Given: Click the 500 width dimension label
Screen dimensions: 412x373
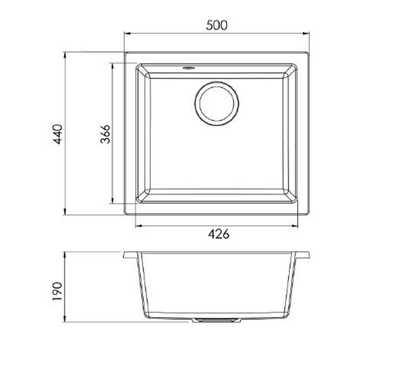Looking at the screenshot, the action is (217, 25).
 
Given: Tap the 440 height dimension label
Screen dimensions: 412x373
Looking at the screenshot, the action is (57, 134).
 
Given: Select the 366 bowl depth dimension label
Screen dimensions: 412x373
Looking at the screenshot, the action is (105, 134).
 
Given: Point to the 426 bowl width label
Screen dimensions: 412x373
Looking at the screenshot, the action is (218, 234).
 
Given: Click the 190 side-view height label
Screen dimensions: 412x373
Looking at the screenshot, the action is (57, 291).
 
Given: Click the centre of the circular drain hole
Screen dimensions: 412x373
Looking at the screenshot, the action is (217, 104).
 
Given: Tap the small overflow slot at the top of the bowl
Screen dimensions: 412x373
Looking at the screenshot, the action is (188, 68).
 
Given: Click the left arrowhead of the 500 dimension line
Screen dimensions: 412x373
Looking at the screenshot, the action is (127, 34).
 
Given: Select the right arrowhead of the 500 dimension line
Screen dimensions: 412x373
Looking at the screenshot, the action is (306, 34).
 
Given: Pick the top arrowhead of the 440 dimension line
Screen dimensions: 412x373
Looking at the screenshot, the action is (65, 56).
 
